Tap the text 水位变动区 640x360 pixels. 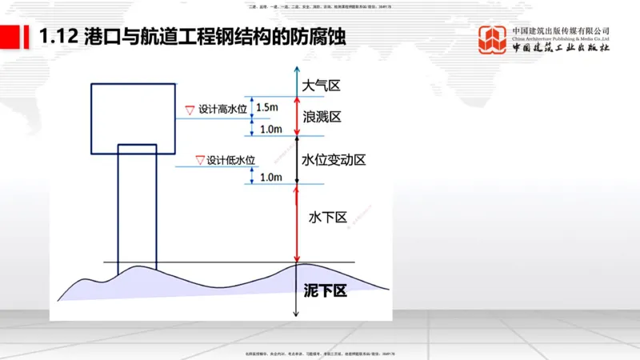coord(334,160)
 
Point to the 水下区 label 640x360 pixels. coord(327,217)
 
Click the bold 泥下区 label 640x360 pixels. coord(326,290)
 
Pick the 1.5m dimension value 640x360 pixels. coord(267,107)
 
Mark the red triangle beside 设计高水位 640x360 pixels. coord(190,110)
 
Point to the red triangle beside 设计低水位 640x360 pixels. coord(199,159)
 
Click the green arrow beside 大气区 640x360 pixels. coord(297,83)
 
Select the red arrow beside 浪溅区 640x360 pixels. coord(297,117)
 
